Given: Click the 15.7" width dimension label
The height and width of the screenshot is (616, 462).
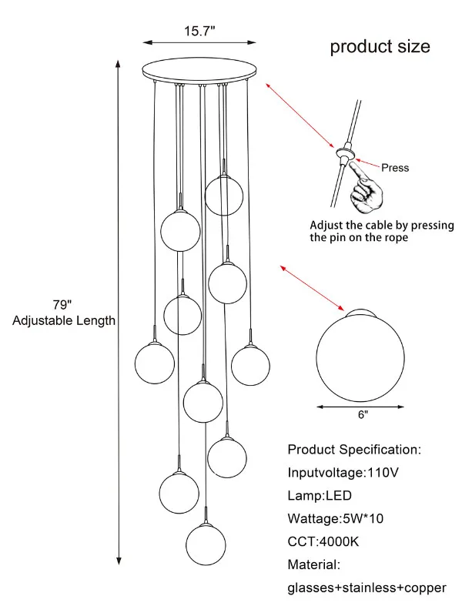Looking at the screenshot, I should pos(199,31).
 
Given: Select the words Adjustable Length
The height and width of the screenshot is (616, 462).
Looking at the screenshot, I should pos(64,320).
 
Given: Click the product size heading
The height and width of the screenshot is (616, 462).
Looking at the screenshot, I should pos(380,47).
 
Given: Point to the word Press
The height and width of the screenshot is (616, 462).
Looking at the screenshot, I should pos(395,167).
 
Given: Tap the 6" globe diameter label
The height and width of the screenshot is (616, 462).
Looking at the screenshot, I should pos(362,414).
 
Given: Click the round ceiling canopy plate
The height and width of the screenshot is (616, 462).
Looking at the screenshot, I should pos(199,70).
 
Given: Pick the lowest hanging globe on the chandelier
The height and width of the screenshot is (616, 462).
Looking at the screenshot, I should pos(206,543).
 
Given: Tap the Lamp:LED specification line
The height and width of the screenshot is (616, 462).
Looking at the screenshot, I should pos(320,495).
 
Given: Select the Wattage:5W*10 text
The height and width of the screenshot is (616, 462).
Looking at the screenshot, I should pos(335,518).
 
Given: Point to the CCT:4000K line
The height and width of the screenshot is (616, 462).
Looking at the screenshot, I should pos(323,541).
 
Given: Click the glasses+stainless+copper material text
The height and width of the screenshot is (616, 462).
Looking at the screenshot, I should pos(367,588).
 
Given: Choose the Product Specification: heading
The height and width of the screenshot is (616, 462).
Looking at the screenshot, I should pos(354,449).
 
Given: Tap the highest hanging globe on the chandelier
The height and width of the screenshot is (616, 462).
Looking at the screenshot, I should pos(224,195).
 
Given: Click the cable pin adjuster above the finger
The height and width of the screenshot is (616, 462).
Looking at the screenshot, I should pos(343,155).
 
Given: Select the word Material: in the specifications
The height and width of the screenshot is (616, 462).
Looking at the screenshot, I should pos(313,564).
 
